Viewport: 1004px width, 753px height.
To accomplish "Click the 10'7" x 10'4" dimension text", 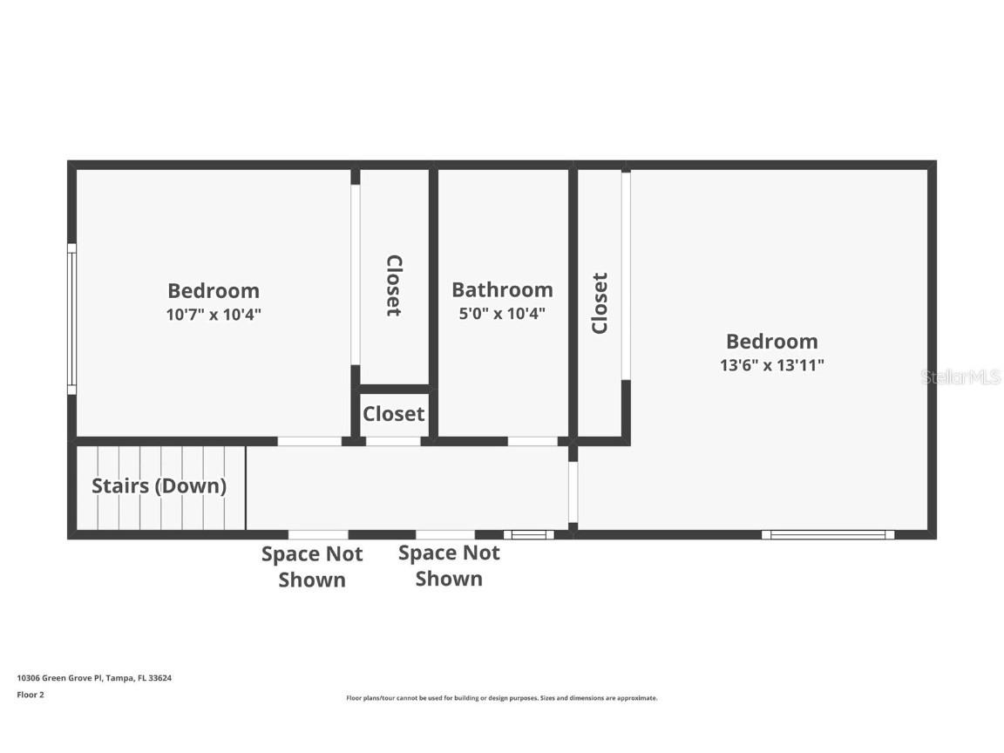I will [214, 315].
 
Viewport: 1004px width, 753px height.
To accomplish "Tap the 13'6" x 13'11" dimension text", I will [771, 365].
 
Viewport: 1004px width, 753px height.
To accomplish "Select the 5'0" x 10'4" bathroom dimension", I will [502, 314].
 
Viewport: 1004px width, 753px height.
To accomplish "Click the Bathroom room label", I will [502, 289].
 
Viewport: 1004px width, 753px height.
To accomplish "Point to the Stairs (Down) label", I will [159, 486].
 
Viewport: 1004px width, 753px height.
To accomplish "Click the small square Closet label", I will [394, 414].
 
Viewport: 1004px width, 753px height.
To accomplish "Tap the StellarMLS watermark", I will [960, 377].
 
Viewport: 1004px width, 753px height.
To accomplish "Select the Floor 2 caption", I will [30, 695].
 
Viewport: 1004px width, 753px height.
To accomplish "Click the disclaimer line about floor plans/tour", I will [502, 698].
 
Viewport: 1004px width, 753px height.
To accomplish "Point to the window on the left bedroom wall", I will [71, 319].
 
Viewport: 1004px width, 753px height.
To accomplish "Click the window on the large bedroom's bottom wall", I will [827, 534].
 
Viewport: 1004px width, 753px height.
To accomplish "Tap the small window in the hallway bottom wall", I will [528, 534].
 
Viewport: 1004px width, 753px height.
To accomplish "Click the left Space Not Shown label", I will [312, 566].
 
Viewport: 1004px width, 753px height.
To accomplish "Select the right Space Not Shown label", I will [449, 566].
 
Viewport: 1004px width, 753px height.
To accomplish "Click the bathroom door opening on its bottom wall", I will [533, 441].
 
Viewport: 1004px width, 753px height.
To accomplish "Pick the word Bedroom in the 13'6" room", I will [771, 342].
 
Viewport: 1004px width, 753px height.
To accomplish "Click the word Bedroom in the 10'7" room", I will [214, 291].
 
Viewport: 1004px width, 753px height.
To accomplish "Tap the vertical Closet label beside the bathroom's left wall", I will [394, 285].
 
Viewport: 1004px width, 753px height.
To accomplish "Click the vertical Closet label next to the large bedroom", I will [600, 303].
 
